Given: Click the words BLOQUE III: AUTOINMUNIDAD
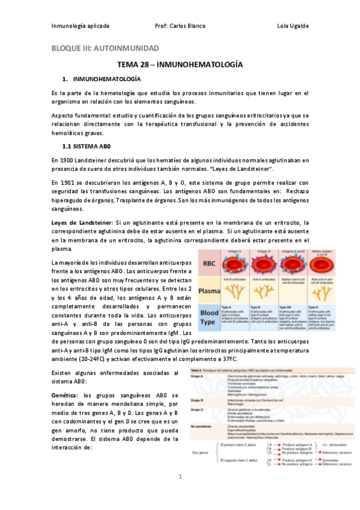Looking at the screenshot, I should [104, 48].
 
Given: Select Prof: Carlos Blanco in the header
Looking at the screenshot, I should [180, 26].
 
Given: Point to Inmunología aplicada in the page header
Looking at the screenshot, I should [80, 26].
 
